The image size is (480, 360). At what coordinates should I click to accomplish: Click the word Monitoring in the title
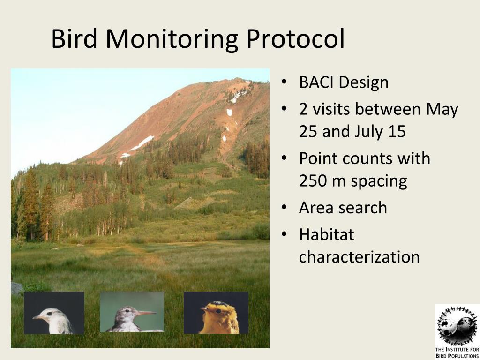172,39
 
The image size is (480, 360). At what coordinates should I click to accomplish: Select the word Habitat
327,235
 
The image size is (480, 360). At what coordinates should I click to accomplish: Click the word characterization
360,257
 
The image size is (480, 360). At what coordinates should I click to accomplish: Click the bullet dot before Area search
284,208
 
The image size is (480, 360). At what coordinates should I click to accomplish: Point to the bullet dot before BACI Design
284,82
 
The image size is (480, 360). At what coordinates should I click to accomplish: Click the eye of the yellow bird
218,311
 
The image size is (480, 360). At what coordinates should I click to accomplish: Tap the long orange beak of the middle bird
146,313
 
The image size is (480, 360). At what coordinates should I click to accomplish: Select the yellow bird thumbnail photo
216,313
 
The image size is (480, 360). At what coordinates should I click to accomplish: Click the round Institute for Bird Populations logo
457,325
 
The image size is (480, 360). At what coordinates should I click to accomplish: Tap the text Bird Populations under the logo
457,356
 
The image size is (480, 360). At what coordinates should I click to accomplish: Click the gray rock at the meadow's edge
16,288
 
